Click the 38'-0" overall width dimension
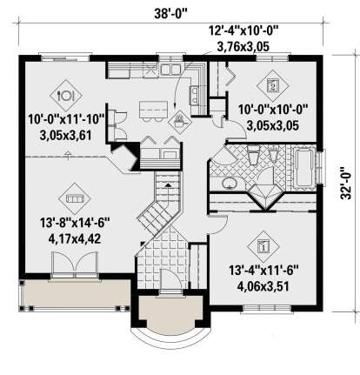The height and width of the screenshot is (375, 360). coord(170,13)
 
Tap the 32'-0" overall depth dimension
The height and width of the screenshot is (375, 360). coord(346,183)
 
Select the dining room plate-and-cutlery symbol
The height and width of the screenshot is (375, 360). coord(66,96)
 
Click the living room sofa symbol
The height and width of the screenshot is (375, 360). coord(75,198)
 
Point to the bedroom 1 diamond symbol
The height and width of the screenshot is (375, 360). coord(263,246)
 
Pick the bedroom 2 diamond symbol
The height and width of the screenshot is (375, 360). coord(273,85)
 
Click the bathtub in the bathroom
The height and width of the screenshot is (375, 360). coord(303,168)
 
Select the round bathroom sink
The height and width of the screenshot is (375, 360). coord(230,183)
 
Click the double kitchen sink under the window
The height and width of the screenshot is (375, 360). coord(170,70)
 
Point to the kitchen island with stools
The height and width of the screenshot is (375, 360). coord(153,111)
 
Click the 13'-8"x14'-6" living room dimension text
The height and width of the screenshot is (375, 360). coord(75,223)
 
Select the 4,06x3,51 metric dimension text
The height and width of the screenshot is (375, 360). coord(263,287)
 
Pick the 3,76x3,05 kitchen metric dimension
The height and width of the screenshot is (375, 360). coord(243,46)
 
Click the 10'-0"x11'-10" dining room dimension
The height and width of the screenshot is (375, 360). coord(66,119)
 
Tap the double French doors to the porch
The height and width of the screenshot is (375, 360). coord(75,263)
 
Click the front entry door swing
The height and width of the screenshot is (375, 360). coord(171,279)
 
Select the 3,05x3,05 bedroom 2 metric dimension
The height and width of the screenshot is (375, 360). coord(273,126)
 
